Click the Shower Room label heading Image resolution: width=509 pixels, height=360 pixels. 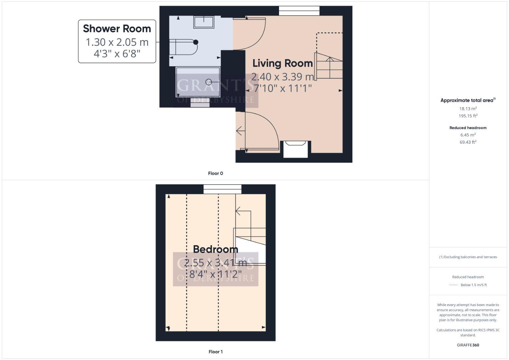pos(117,29)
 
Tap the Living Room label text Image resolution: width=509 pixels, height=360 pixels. pos(282,63)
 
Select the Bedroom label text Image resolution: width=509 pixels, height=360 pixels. pos(215,249)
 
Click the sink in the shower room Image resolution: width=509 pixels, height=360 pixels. pos(204,22)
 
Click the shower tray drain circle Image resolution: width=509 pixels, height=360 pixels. pos(209,82)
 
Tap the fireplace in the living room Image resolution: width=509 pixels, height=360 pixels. pos(295,149)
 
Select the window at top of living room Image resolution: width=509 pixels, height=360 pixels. pos(299,11)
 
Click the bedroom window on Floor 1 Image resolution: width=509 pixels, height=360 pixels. pos(222,189)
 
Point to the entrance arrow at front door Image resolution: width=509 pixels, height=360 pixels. pos(239,131)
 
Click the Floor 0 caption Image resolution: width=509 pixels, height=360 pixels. pos(215,173)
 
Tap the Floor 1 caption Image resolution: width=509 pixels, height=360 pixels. pos(215,352)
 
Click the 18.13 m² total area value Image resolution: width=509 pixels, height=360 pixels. pos(468,109)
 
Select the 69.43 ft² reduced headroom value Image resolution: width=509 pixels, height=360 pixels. pos(468,142)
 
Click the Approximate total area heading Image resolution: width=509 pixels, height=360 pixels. pos(467,100)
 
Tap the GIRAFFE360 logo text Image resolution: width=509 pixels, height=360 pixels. pos(468,345)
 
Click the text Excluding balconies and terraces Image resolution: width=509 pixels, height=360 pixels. pos(469,257)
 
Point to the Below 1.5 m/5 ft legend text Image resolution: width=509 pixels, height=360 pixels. pos(473,285)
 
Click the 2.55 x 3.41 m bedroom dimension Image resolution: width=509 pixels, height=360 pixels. pos(215,263)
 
